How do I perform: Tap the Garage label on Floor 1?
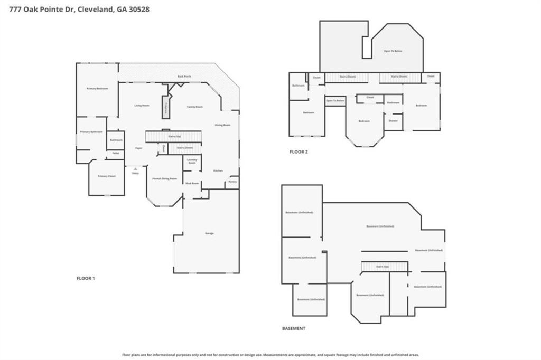click(209, 233)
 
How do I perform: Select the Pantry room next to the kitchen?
click(232, 182)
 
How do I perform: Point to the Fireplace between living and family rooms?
click(166, 107)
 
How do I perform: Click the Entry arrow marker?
click(135, 169)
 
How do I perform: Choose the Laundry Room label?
click(192, 162)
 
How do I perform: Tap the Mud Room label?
click(191, 183)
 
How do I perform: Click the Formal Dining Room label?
click(164, 179)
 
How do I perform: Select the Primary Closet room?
click(106, 176)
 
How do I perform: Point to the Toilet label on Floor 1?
click(115, 153)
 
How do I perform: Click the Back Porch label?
click(184, 77)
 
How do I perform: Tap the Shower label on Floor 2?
click(393, 121)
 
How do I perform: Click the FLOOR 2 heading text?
click(299, 152)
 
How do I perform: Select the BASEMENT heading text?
click(293, 328)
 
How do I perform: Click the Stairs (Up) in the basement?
click(384, 267)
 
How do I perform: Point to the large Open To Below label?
click(393, 51)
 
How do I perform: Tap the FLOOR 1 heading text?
click(86, 278)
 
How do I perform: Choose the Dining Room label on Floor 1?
click(222, 125)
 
